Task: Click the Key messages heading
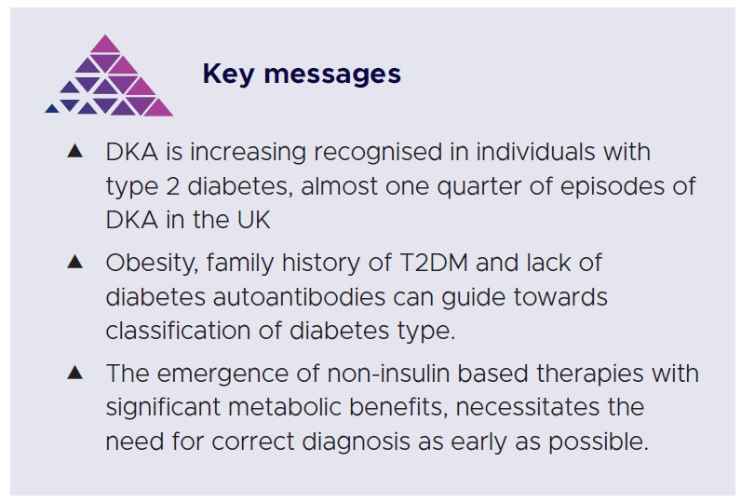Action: (302, 75)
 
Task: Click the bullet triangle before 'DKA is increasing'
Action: (75, 150)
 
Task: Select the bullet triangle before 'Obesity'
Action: (75, 262)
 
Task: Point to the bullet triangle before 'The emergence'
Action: (75, 373)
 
